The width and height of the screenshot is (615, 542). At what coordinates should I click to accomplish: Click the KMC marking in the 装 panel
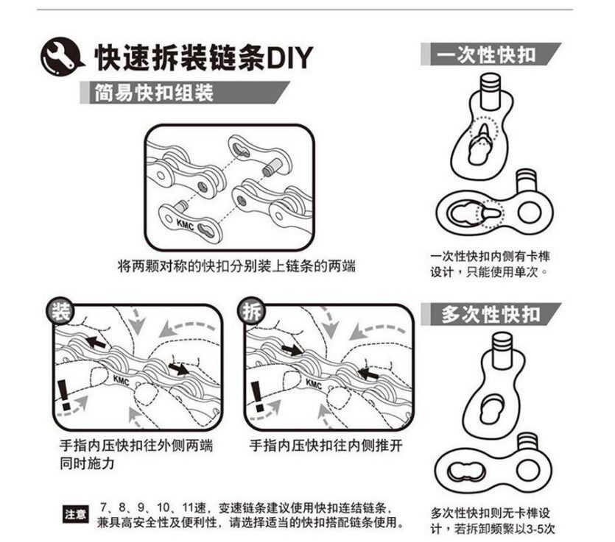122,380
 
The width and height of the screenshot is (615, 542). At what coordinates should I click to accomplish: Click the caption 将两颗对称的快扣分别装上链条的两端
236,265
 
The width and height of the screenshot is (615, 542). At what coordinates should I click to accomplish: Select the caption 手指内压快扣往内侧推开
326,446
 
